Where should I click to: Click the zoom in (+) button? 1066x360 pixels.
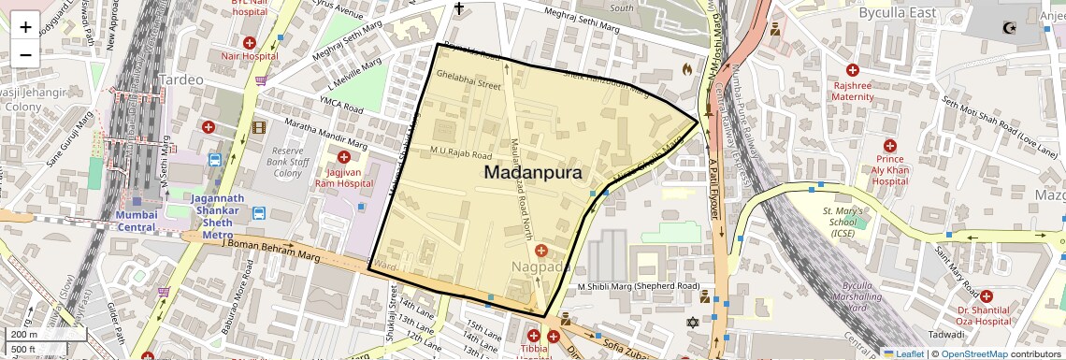tap(25, 27)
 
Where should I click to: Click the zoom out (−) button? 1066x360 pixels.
tap(25, 54)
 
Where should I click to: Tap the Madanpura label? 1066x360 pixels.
tap(533, 173)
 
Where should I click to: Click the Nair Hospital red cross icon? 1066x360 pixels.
tap(250, 43)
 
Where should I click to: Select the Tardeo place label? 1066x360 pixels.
tap(180, 79)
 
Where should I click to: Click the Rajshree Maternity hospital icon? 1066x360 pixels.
tap(853, 70)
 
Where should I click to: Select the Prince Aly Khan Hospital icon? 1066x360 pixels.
tap(889, 147)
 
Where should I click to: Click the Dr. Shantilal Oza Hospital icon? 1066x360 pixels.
tap(987, 296)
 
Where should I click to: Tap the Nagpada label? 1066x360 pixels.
tap(540, 267)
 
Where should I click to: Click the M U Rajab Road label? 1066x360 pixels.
tap(460, 153)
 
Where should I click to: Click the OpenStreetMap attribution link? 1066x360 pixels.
tap(973, 353)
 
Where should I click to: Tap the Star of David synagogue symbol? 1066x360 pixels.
tap(693, 323)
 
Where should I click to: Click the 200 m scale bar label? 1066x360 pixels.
tap(24, 334)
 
